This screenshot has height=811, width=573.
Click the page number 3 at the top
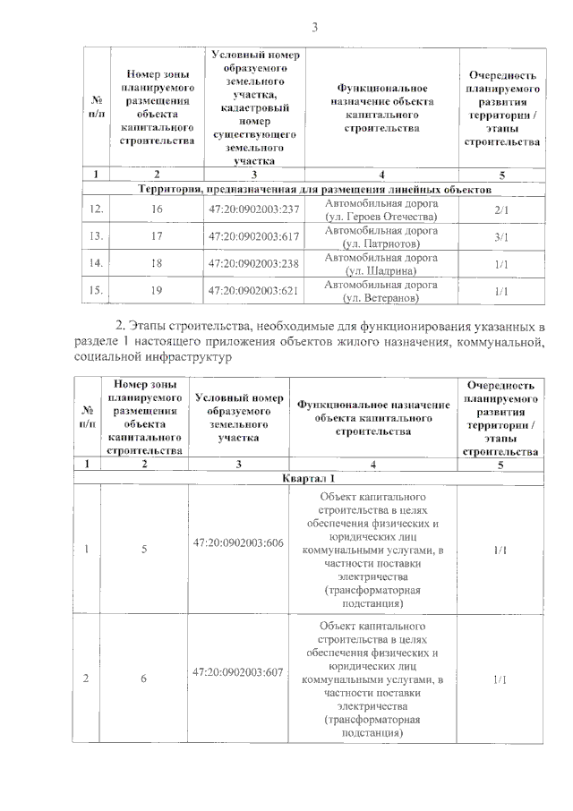click(x=314, y=28)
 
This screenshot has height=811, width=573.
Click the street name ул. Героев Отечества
click(x=381, y=217)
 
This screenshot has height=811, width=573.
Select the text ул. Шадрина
click(x=381, y=270)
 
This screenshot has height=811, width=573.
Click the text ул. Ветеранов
click(x=381, y=297)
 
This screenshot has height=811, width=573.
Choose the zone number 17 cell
click(x=157, y=237)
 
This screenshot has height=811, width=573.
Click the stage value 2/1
click(x=501, y=209)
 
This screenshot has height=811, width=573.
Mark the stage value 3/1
click(x=501, y=237)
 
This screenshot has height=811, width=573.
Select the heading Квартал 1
click(x=311, y=479)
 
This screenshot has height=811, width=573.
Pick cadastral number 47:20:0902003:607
click(x=238, y=671)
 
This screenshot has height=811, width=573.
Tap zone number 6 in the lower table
click(x=143, y=679)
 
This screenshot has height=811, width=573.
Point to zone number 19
click(x=157, y=291)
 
